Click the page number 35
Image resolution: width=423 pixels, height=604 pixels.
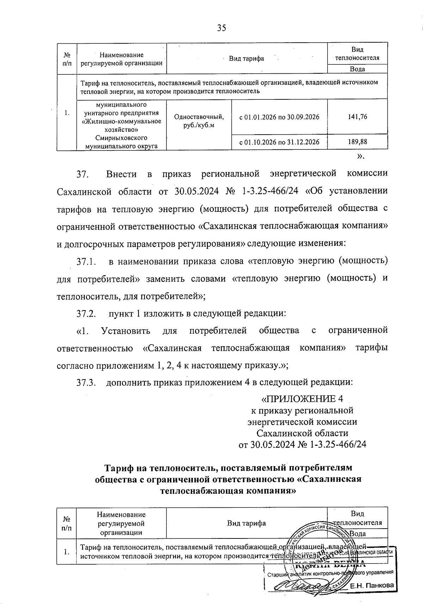tap(221, 28)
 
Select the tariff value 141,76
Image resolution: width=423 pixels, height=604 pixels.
tap(357, 117)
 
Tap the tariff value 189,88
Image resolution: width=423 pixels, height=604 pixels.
tap(357, 142)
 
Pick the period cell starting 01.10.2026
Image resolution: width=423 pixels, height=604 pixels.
tap(279, 142)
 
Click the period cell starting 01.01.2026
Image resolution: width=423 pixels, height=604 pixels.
tap(279, 117)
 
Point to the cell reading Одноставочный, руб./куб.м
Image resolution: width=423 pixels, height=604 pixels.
tap(199, 121)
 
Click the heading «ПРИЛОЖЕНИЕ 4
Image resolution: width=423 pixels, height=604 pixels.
tap(302, 399)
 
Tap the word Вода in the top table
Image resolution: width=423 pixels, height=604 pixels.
tap(357, 69)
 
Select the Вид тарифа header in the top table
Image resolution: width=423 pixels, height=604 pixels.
tap(246, 58)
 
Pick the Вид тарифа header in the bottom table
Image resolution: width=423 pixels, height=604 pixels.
tap(246, 523)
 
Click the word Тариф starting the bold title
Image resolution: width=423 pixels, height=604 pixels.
tap(122, 468)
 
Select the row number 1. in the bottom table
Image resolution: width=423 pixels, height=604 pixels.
tap(67, 552)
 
